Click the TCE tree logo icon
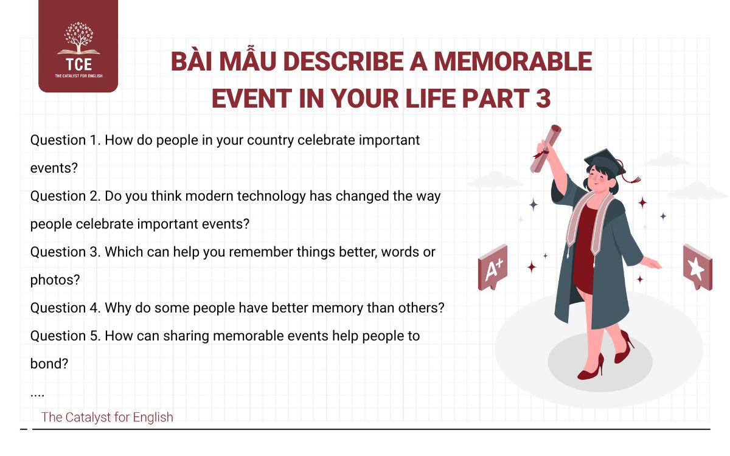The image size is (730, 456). [x=78, y=38]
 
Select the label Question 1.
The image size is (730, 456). [x=65, y=140]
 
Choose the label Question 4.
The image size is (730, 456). [x=66, y=308]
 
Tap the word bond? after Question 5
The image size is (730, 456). [x=49, y=364]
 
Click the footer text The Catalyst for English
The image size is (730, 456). [x=107, y=417]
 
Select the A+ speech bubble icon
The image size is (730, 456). [x=492, y=268]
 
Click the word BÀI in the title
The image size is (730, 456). [x=195, y=62]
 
